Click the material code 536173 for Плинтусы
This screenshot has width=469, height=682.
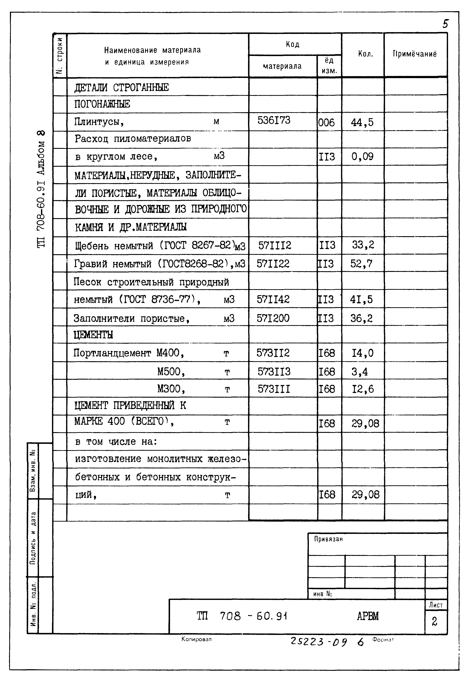[x=274, y=120]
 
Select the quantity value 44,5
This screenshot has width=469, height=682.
[x=362, y=122]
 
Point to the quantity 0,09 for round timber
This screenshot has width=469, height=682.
[x=362, y=157]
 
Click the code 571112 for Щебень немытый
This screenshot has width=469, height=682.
[x=274, y=245]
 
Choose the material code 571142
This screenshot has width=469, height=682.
[x=273, y=299]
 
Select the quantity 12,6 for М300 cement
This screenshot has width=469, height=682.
[x=363, y=389]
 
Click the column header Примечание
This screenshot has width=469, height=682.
[x=415, y=54]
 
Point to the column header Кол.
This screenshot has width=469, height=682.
[x=365, y=54]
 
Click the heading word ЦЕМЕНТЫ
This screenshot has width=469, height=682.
[x=93, y=335]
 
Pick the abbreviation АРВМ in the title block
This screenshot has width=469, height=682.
[x=368, y=616]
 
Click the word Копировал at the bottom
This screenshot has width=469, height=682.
[x=196, y=639]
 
